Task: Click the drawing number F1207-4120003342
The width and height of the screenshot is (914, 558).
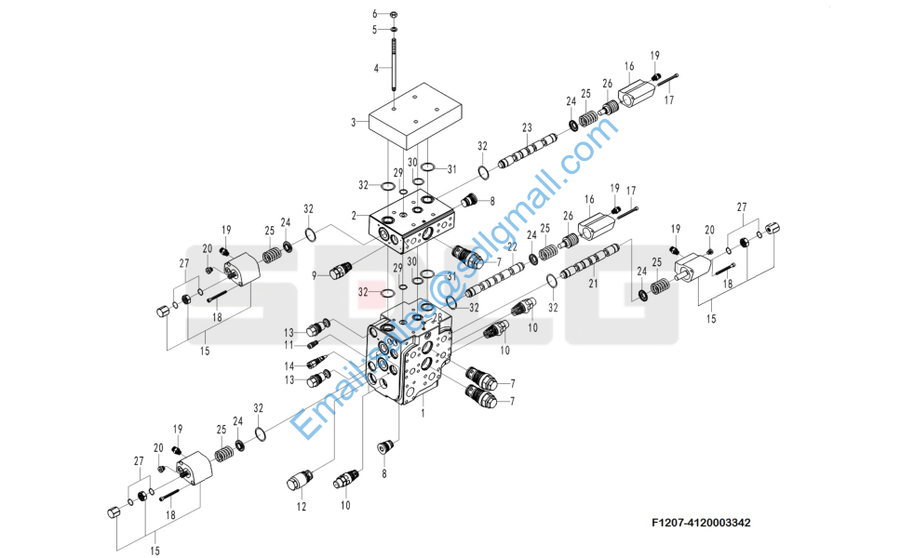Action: pyautogui.click(x=701, y=523)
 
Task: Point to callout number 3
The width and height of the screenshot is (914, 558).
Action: pyautogui.click(x=354, y=122)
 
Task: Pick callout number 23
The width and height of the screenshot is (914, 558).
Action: pyautogui.click(x=527, y=127)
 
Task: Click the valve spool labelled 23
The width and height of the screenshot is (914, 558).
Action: pyautogui.click(x=528, y=152)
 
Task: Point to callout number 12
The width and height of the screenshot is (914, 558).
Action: pyautogui.click(x=301, y=507)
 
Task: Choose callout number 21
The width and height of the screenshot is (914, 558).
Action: pyautogui.click(x=591, y=286)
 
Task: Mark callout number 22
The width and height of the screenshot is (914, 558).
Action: pyautogui.click(x=511, y=246)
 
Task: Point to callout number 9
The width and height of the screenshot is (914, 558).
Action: pyautogui.click(x=315, y=274)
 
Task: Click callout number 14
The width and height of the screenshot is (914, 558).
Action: pyautogui.click(x=289, y=365)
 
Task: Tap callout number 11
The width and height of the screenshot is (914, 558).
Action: pyautogui.click(x=289, y=345)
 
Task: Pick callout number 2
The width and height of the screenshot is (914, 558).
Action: pyautogui.click(x=354, y=216)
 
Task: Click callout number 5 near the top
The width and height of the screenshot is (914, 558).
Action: pyautogui.click(x=375, y=30)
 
